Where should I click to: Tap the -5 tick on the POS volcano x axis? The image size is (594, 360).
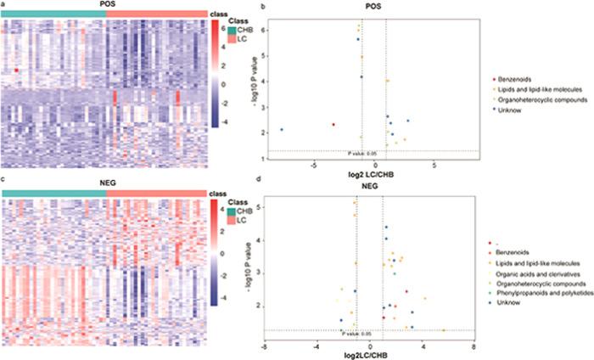coord(313,163)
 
